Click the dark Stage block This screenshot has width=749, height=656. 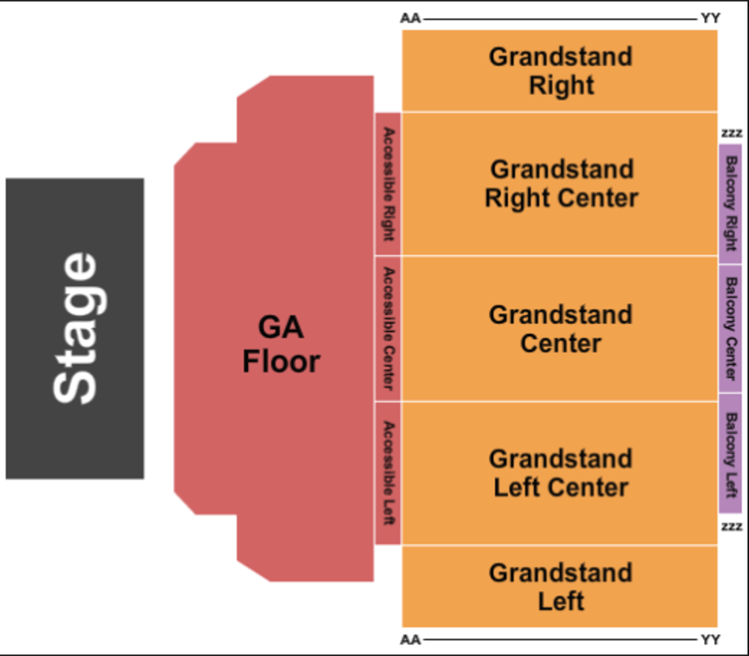click(x=75, y=328)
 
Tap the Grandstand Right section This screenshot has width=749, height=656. click(x=560, y=71)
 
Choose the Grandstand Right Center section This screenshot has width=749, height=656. click(x=560, y=184)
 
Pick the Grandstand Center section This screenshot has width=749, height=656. click(x=560, y=328)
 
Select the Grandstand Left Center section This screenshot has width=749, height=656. click(x=560, y=473)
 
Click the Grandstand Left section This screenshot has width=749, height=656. click(x=560, y=586)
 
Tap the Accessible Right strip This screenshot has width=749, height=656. click(x=388, y=184)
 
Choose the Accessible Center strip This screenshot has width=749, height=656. click(x=388, y=328)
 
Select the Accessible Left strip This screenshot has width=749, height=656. click(x=388, y=473)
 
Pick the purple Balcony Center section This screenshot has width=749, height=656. click(x=730, y=328)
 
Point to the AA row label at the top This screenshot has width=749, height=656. click(x=410, y=18)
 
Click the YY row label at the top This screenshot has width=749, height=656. click(x=710, y=18)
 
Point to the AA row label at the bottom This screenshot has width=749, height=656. click(x=410, y=640)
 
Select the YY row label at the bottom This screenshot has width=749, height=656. click(x=710, y=640)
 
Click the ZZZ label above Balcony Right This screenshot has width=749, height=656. click(x=731, y=133)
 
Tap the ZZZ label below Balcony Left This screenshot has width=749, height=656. click(x=731, y=527)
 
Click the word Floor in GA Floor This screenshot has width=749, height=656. click(x=281, y=362)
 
